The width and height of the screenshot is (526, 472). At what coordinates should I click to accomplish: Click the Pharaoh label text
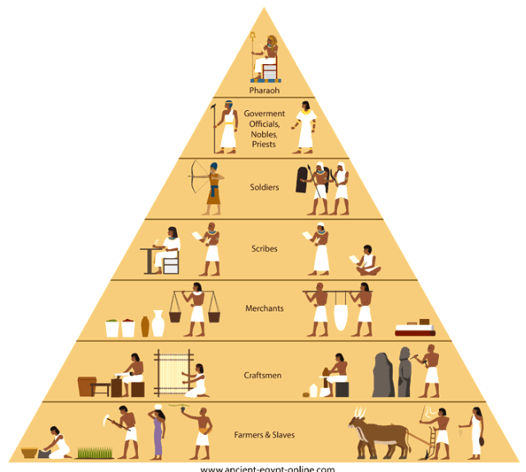click(265, 90)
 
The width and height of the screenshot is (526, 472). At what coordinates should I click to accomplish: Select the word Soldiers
click(265, 187)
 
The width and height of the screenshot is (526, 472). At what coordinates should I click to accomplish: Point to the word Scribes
click(265, 248)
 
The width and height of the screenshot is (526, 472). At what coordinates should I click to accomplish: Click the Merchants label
click(265, 308)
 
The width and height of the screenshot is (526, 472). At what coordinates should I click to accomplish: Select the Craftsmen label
click(265, 375)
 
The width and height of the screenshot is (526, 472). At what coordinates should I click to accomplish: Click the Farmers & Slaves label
click(265, 434)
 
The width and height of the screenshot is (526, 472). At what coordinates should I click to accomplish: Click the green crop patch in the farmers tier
click(95, 451)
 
